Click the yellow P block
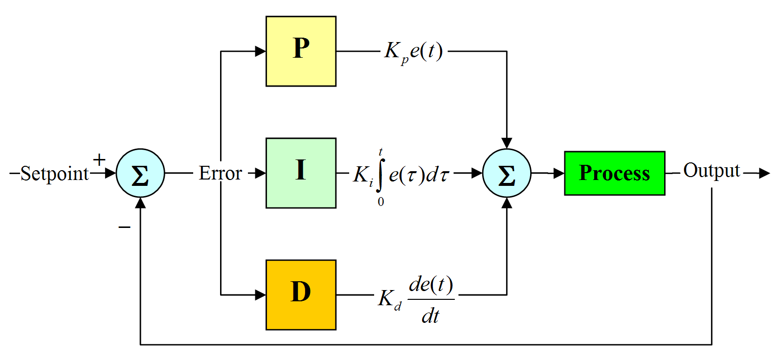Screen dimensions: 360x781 pyautogui.click(x=301, y=51)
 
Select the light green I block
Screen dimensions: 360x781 pyautogui.click(x=301, y=173)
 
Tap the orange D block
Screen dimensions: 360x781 pyautogui.click(x=301, y=294)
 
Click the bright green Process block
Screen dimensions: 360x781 pyautogui.click(x=614, y=173)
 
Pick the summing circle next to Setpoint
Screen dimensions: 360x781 pyautogui.click(x=140, y=173)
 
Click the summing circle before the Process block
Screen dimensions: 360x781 pyautogui.click(x=507, y=173)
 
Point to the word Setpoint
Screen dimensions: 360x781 pyautogui.click(x=54, y=174)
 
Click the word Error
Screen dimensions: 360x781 pyautogui.click(x=220, y=173)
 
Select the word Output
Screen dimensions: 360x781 pyautogui.click(x=712, y=170)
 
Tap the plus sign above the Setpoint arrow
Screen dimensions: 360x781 pyautogui.click(x=99, y=159)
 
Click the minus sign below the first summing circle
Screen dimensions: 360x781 pyautogui.click(x=124, y=227)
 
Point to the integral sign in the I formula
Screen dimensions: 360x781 pyautogui.click(x=381, y=176)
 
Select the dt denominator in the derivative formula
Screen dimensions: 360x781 pyautogui.click(x=430, y=316)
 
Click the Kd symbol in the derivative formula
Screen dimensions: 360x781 pyautogui.click(x=389, y=298)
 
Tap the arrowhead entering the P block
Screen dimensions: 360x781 pyautogui.click(x=260, y=51)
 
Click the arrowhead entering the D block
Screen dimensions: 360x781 pyautogui.click(x=260, y=294)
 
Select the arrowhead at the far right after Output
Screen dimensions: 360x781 pyautogui.click(x=764, y=173)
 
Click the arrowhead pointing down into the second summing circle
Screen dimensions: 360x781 pyautogui.click(x=507, y=143)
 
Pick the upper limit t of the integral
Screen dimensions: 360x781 pyautogui.click(x=381, y=152)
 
